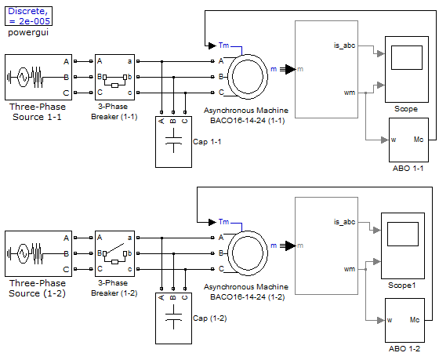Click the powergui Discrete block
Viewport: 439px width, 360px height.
coord(28,16)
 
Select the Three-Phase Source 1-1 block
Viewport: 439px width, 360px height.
coord(38,77)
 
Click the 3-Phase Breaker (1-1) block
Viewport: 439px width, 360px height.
coord(114,77)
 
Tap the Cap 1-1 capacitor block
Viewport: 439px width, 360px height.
coord(173,142)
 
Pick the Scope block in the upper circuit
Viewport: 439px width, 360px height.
coord(407,69)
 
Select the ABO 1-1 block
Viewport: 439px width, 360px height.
coord(408,140)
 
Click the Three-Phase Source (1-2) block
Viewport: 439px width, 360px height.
coord(38,253)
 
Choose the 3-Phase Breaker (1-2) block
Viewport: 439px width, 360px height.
coord(114,253)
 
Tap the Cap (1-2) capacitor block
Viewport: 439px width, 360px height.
coord(173,318)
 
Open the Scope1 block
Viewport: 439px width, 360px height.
coord(403,245)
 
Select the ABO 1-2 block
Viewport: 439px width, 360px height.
coord(405,320)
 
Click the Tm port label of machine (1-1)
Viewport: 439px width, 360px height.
coord(223,45)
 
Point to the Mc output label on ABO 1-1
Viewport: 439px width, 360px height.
coord(419,140)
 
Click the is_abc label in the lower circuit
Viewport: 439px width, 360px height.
coord(344,222)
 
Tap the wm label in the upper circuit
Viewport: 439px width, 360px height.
coord(350,93)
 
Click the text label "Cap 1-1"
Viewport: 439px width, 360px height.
coord(207,142)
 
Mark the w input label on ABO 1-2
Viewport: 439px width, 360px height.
coord(390,320)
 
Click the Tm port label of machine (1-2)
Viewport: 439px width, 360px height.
coord(223,222)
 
